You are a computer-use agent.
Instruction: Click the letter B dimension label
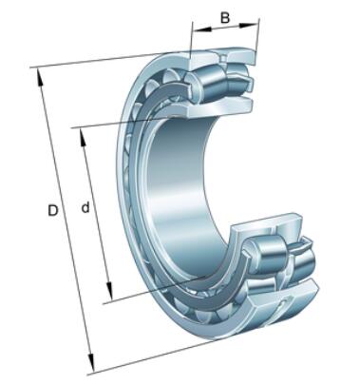(x=225, y=17)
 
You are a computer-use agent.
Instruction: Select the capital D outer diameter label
(x=53, y=210)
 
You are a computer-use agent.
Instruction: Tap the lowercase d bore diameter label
(x=85, y=207)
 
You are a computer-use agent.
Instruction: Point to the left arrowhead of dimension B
(x=202, y=29)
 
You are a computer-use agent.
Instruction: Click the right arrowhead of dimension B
(x=248, y=25)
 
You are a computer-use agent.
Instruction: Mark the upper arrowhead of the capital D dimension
(x=40, y=77)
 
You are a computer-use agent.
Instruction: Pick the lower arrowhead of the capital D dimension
(x=91, y=362)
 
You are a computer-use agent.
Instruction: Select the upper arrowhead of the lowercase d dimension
(x=84, y=137)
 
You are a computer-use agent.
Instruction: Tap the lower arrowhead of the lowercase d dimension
(x=109, y=291)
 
